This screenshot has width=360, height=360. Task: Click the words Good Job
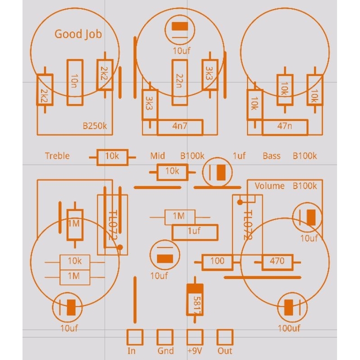[x=78, y=34]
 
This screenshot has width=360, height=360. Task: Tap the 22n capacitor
[x=180, y=82]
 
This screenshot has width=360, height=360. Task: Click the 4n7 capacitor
[x=180, y=127]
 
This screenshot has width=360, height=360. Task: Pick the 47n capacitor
[x=285, y=127]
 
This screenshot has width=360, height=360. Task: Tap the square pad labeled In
[x=135, y=337]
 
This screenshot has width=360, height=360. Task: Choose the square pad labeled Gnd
[x=165, y=337]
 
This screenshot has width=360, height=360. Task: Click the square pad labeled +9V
[x=195, y=337]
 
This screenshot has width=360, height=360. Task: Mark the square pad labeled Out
[x=225, y=337]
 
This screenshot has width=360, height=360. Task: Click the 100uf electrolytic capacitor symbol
[x=289, y=308]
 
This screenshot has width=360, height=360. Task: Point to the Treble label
[x=57, y=156]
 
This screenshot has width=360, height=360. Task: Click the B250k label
[x=94, y=126]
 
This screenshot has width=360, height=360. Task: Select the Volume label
[x=270, y=186]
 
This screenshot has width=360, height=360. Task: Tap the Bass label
[x=271, y=156]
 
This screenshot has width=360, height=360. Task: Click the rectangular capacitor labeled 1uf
[x=195, y=232]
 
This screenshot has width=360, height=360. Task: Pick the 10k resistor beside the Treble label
[x=112, y=157]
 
